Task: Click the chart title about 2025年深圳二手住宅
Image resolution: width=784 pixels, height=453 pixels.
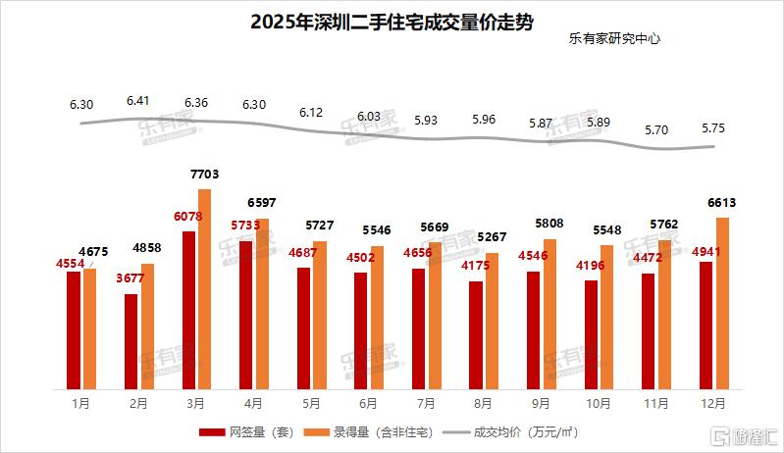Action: pos(392,23)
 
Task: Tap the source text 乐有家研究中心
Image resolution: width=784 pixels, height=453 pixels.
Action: pos(614,41)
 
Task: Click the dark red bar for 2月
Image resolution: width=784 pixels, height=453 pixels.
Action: pos(131,339)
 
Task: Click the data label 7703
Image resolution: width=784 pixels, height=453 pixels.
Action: pos(203,175)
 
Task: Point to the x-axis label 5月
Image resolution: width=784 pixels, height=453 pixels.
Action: pos(310,403)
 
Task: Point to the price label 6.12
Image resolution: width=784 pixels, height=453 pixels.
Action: pos(312,113)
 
